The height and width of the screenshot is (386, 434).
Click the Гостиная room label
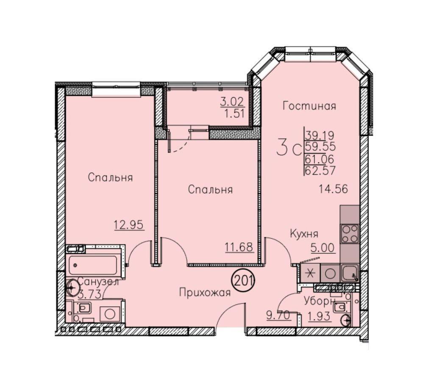click(309, 106)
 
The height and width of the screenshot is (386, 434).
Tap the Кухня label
click(304, 234)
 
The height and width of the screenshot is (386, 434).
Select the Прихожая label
click(205, 292)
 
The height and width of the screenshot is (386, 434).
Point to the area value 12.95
click(129, 225)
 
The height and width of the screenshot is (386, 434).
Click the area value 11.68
click(239, 247)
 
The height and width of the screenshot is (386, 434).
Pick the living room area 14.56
click(333, 189)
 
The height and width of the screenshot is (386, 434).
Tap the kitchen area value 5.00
click(323, 248)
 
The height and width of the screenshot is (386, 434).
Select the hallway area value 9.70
click(278, 315)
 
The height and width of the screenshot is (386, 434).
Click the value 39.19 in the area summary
click(320, 136)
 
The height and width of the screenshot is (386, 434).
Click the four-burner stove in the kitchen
click(350, 233)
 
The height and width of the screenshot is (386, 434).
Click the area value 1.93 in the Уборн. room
click(320, 315)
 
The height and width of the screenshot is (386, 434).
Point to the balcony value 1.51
click(235, 114)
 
